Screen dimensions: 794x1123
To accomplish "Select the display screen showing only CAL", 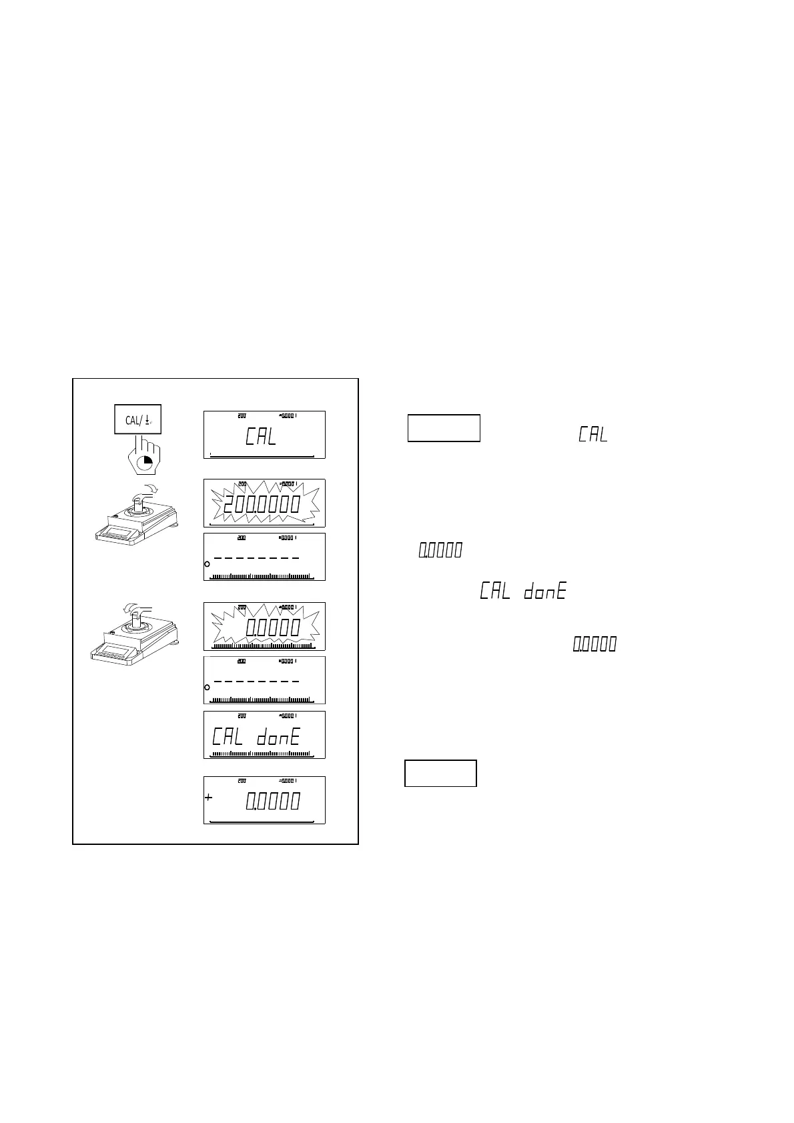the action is (264, 435).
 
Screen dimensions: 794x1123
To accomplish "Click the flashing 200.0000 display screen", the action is (264, 503).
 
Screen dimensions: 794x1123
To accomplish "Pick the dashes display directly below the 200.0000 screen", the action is (264, 557).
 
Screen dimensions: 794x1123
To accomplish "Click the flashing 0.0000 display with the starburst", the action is (264, 626).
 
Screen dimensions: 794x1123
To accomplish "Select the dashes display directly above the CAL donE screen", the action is (264, 680).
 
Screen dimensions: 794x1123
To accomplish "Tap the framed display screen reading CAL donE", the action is (264, 735).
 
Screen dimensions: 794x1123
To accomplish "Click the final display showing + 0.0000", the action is (264, 800).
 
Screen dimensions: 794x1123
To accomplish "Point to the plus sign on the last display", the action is (209, 798).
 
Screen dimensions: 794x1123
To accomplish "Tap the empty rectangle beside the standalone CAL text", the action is (444, 428).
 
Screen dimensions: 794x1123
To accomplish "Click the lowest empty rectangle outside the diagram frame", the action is (440, 773).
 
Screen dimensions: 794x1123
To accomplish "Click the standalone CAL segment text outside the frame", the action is (593, 435).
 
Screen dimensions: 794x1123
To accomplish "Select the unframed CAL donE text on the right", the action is (523, 592).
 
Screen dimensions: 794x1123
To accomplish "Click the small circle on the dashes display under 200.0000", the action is (207, 564).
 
